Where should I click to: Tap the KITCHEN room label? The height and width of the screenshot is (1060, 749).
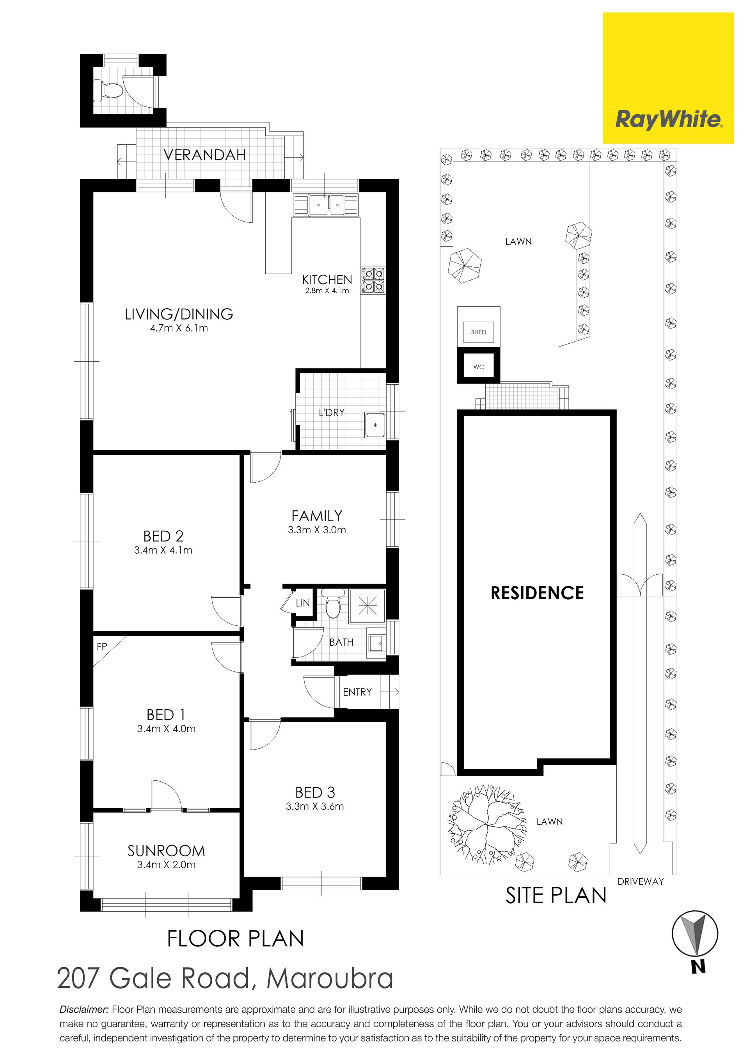coord(327,279)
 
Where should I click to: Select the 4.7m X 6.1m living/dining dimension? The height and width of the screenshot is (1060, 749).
coord(179,328)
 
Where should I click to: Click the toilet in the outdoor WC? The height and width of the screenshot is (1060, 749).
coord(107,91)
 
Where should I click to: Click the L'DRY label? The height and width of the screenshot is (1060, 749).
coord(332,412)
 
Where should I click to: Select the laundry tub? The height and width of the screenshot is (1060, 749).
coord(375,425)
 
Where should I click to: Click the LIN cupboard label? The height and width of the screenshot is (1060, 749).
coord(303,603)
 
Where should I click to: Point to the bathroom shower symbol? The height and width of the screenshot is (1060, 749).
coord(367,604)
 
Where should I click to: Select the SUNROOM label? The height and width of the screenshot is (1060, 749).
coord(166,851)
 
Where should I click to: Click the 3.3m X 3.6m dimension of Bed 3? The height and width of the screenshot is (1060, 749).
coord(315,806)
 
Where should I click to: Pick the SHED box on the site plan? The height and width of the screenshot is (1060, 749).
coord(478,332)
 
